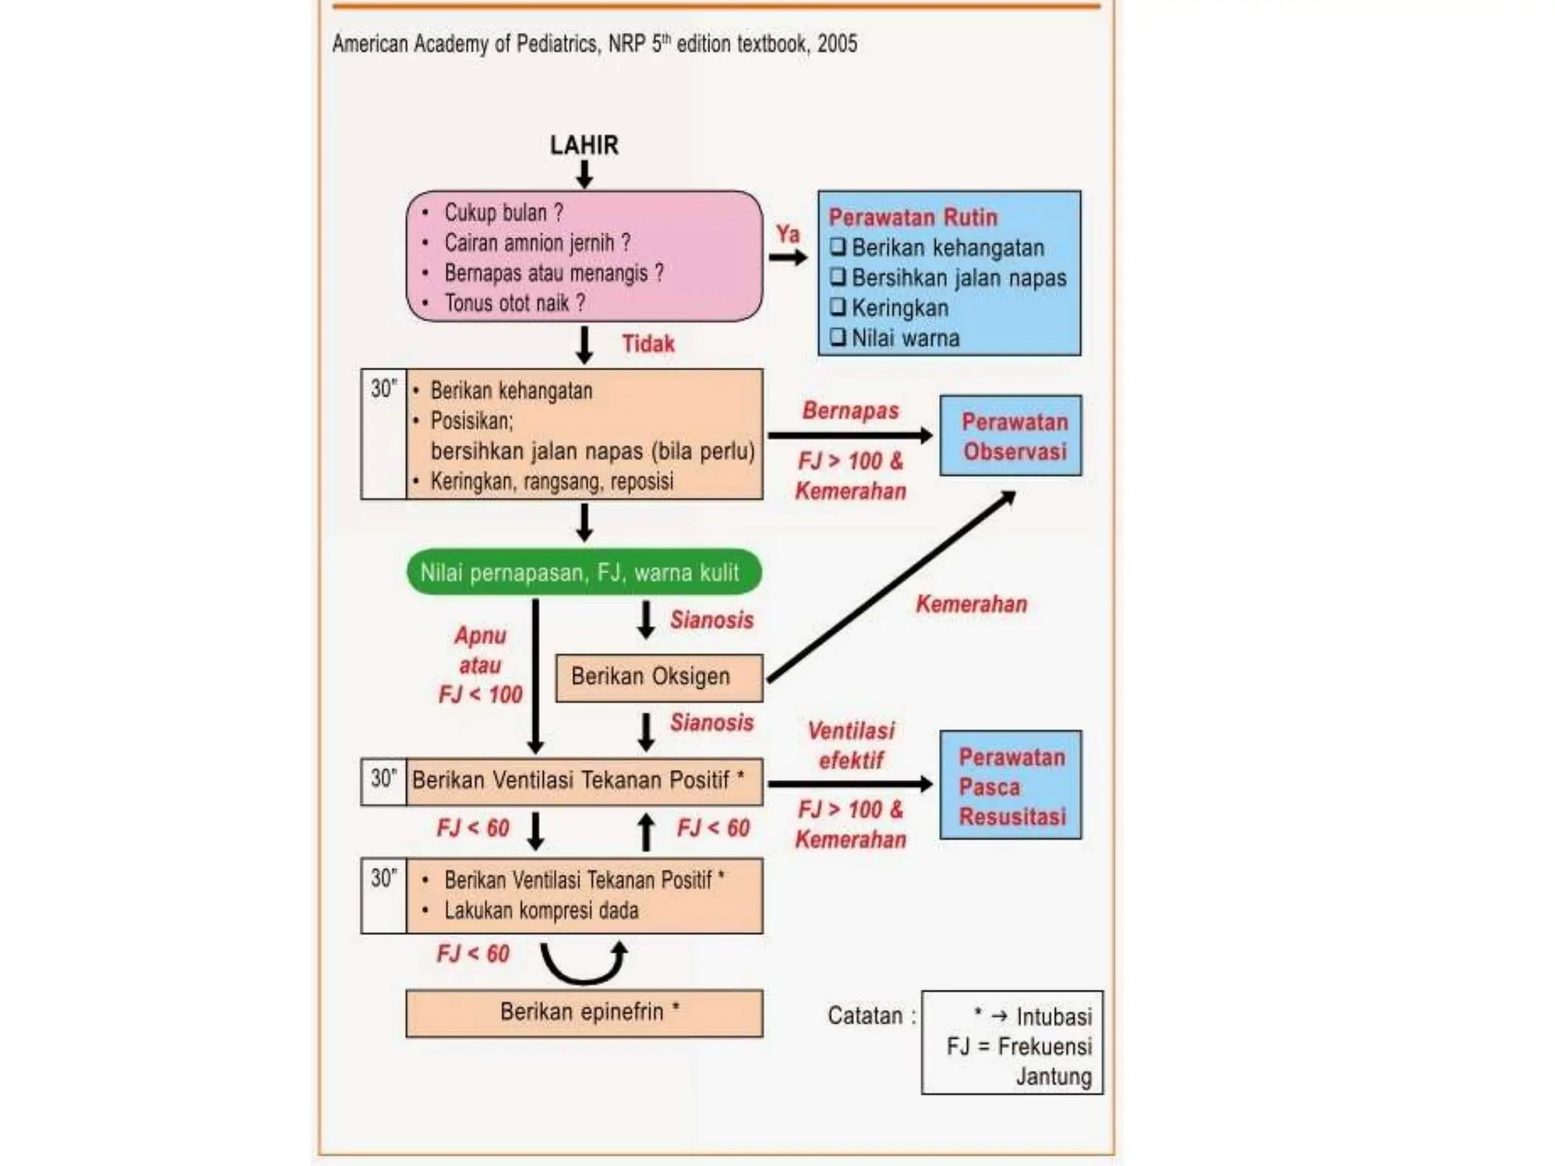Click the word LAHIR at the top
tap(584, 144)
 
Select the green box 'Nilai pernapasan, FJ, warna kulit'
tap(584, 572)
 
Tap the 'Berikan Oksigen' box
tap(659, 677)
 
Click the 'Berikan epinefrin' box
tap(584, 1013)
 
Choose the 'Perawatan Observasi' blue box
tap(1011, 435)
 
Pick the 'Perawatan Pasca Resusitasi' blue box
tap(1011, 785)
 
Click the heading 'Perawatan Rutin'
tap(913, 217)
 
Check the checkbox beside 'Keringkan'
tap(837, 307)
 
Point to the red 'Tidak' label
tap(648, 343)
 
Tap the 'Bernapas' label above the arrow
tap(850, 411)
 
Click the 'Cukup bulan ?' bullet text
tap(503, 213)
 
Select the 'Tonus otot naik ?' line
tap(515, 303)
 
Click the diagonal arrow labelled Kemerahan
tap(891, 586)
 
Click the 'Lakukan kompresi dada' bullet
tap(541, 910)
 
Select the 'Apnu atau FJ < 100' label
tap(480, 665)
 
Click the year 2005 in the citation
tap(837, 43)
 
